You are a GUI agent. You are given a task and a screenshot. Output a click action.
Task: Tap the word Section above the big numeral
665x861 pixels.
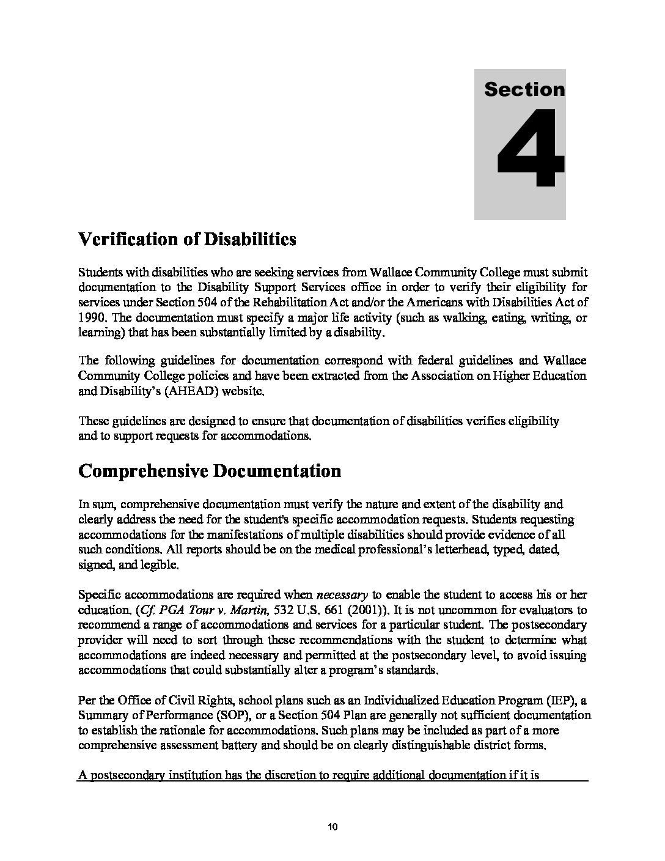point(524,90)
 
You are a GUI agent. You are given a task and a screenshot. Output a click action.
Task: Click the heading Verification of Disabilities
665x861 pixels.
point(187,239)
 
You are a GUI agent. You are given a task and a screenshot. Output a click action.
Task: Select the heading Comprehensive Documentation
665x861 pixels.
point(210,471)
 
